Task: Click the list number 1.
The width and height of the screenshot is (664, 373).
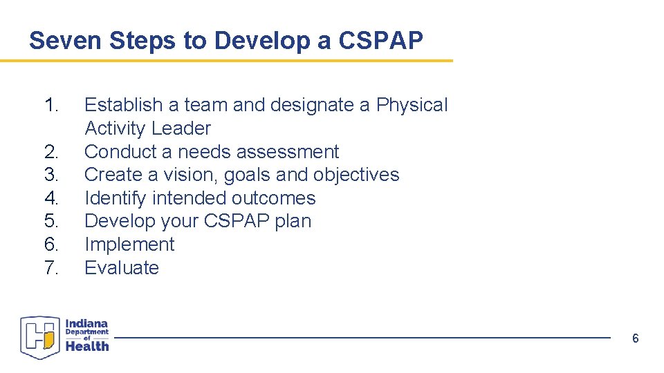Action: click(52, 105)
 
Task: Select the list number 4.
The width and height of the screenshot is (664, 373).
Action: click(52, 198)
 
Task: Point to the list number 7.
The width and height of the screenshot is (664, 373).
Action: click(52, 268)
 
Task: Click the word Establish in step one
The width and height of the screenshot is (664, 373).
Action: click(122, 105)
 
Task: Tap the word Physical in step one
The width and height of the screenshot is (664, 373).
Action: click(412, 105)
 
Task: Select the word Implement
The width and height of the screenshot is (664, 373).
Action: click(129, 245)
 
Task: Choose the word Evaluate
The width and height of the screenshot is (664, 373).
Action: click(122, 268)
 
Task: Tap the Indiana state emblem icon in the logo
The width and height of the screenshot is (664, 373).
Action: click(41, 337)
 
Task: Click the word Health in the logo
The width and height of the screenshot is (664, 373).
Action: click(87, 347)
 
